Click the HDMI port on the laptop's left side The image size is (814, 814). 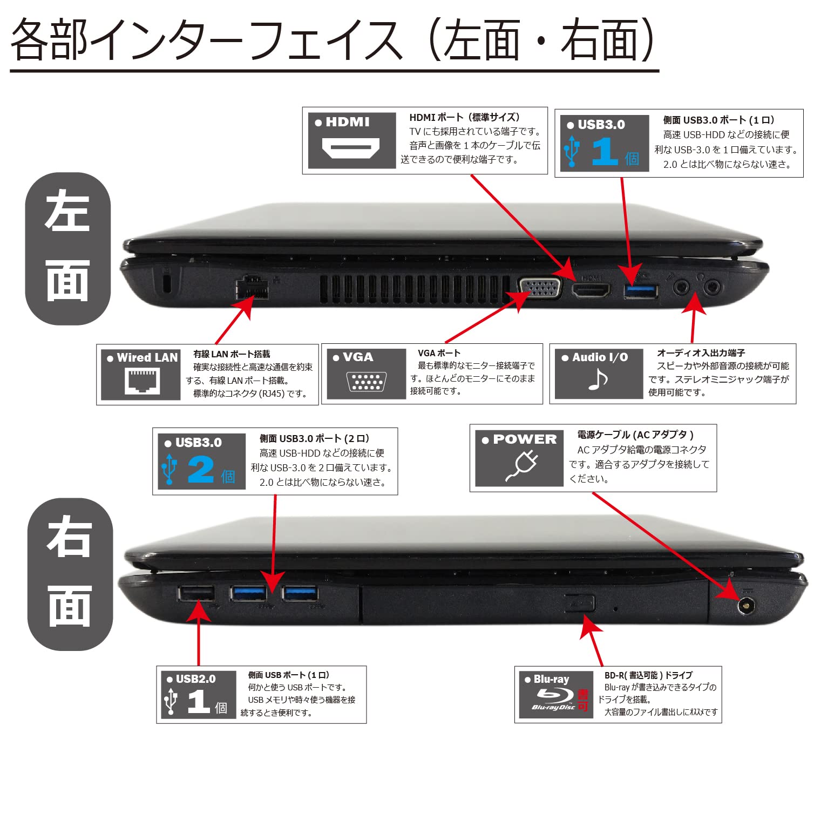coord(591,290)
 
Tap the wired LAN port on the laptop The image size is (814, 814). coord(252,288)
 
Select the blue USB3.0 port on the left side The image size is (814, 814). coord(641,291)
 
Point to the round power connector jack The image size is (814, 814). coord(746,606)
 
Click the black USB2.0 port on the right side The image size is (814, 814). coord(196,594)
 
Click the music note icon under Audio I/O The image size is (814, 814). coord(598,379)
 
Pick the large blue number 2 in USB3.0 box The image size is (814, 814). coord(200,470)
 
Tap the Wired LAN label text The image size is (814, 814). coord(147,357)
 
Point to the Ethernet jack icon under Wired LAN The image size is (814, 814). coord(142,381)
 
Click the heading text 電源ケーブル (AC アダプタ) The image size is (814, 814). coord(635,435)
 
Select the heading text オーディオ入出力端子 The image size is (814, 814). coord(701,352)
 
